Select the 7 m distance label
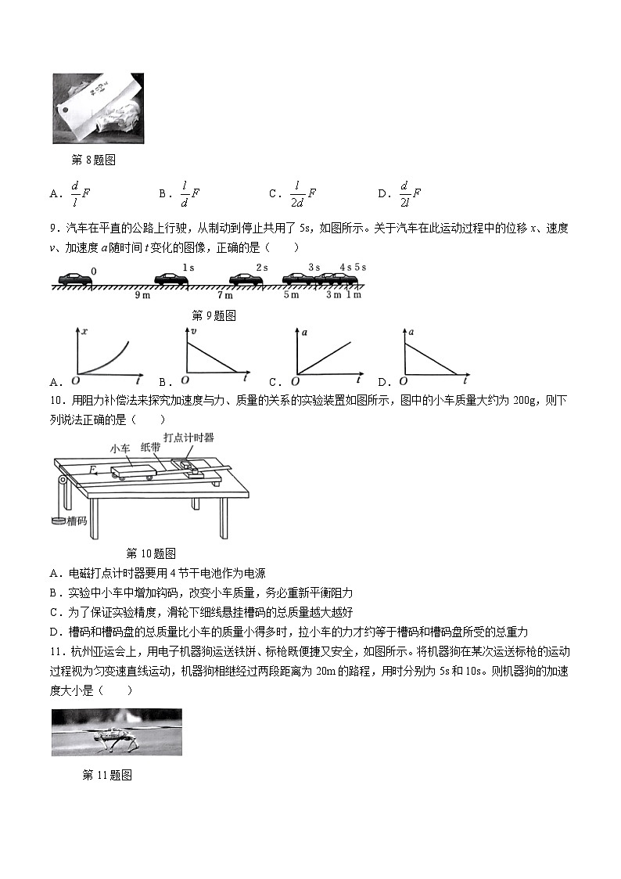click(x=224, y=296)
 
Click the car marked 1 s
click(x=171, y=278)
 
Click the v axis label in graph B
click(x=192, y=332)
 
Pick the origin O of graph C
click(x=295, y=381)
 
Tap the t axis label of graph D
click(x=465, y=380)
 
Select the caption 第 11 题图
click(x=106, y=775)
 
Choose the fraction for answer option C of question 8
click(x=296, y=193)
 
